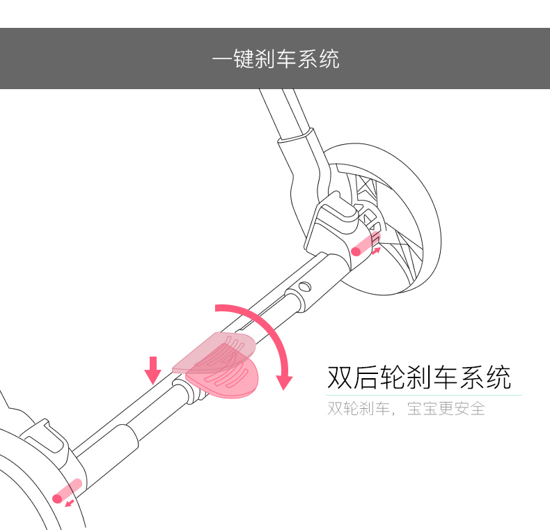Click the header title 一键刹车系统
(x=275, y=59)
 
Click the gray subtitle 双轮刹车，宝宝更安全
(x=406, y=408)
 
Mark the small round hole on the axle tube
(x=304, y=286)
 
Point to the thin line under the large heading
(x=425, y=396)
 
